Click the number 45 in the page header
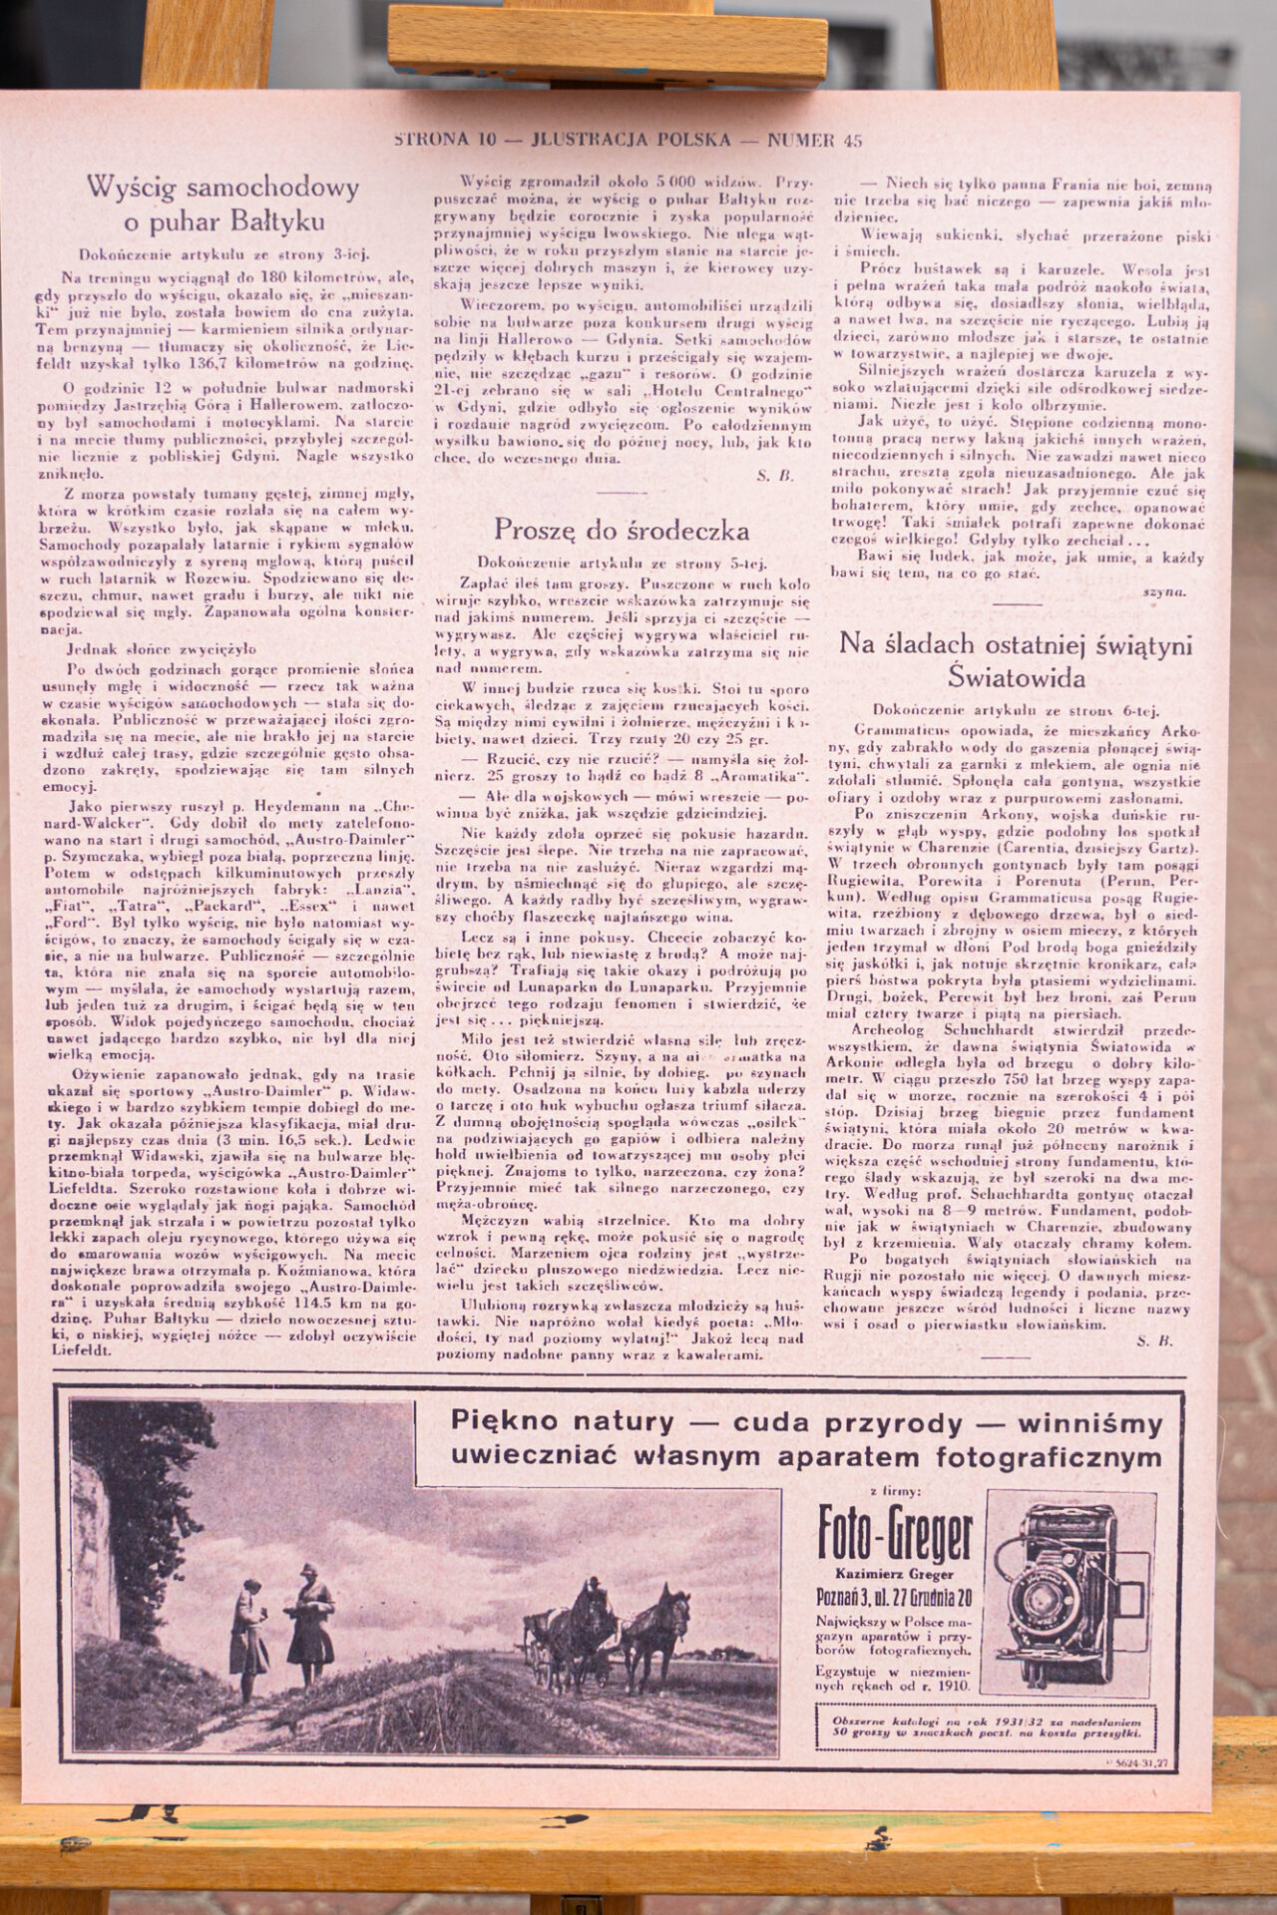(x=852, y=140)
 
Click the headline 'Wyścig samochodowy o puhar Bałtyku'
(x=223, y=202)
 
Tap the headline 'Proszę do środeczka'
(x=622, y=529)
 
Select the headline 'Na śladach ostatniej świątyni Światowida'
(x=1016, y=660)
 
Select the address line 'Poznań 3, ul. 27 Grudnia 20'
(x=894, y=1597)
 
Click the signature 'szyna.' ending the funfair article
(x=1163, y=591)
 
